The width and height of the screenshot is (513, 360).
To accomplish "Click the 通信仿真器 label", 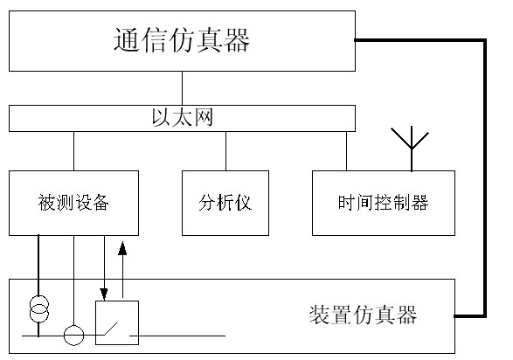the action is click(x=182, y=40).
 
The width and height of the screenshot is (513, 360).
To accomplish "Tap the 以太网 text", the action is click(x=183, y=117).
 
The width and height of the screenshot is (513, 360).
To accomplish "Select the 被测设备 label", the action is click(x=73, y=203).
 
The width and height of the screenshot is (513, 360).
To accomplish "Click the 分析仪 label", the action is click(x=225, y=203).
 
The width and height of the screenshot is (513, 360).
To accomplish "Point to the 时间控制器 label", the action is click(x=383, y=203).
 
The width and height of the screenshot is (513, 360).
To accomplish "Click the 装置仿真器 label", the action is click(x=363, y=315).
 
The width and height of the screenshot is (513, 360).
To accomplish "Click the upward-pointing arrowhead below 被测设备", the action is click(x=122, y=248).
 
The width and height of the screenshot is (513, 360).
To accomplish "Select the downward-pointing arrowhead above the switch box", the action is click(x=104, y=294).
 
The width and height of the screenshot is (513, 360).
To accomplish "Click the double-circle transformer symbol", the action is click(x=39, y=309).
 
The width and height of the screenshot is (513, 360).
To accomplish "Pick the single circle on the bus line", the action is click(x=73, y=336).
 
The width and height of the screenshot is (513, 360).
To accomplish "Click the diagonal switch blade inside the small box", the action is click(x=111, y=329).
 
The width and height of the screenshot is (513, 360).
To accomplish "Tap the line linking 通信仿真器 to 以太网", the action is click(x=183, y=88).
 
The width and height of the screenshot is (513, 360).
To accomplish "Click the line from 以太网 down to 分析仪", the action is click(x=225, y=151).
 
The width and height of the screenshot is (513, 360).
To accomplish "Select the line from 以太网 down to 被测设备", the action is click(x=73, y=151).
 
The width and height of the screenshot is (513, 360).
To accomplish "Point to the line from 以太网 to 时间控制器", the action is click(x=346, y=151).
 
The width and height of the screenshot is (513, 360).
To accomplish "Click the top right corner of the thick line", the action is click(x=485, y=40).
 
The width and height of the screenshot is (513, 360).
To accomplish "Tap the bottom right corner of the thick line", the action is click(x=485, y=316).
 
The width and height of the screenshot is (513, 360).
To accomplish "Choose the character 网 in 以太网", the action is click(x=204, y=117).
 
